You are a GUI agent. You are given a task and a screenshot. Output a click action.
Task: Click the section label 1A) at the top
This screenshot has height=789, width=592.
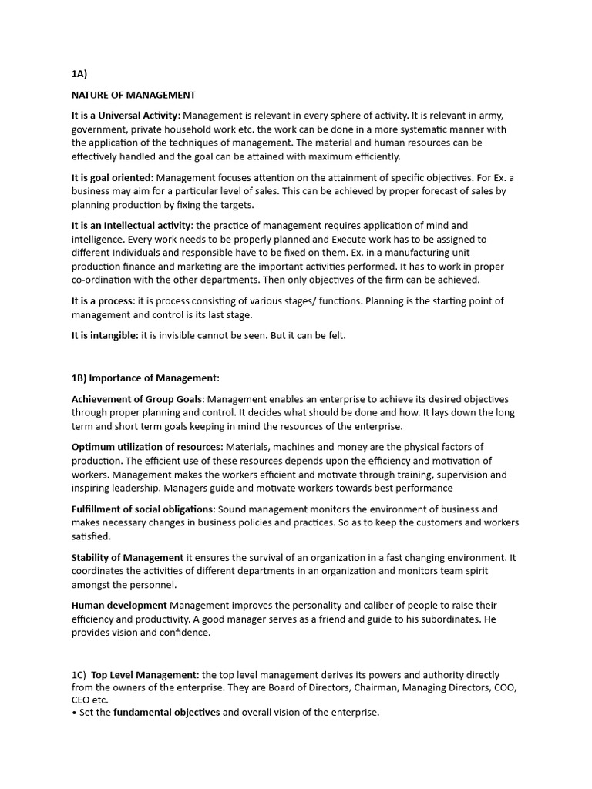click(79, 74)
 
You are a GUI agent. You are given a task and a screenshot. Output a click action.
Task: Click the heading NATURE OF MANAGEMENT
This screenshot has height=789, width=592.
click(133, 95)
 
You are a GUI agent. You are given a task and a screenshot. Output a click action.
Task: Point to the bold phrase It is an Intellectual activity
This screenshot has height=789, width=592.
click(131, 225)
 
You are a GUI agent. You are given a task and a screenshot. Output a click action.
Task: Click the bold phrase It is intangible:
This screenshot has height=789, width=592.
click(105, 335)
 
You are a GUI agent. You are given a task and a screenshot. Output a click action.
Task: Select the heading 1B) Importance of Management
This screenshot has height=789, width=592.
click(145, 378)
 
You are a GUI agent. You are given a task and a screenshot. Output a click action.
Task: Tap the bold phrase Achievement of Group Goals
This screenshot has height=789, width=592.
click(137, 399)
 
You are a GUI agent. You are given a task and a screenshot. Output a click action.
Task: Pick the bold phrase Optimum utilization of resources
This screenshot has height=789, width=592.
click(146, 447)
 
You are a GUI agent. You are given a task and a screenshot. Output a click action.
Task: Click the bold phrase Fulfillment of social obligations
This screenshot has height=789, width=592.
click(143, 509)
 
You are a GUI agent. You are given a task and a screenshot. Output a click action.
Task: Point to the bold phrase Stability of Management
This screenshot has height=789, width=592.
click(127, 556)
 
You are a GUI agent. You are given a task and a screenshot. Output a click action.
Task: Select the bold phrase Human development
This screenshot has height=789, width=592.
click(119, 605)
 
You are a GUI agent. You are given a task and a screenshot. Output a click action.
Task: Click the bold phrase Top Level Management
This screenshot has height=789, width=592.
click(144, 675)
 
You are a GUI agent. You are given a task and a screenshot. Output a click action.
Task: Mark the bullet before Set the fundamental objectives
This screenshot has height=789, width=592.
click(74, 713)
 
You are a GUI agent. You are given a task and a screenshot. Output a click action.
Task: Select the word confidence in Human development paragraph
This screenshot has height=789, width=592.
click(184, 633)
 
